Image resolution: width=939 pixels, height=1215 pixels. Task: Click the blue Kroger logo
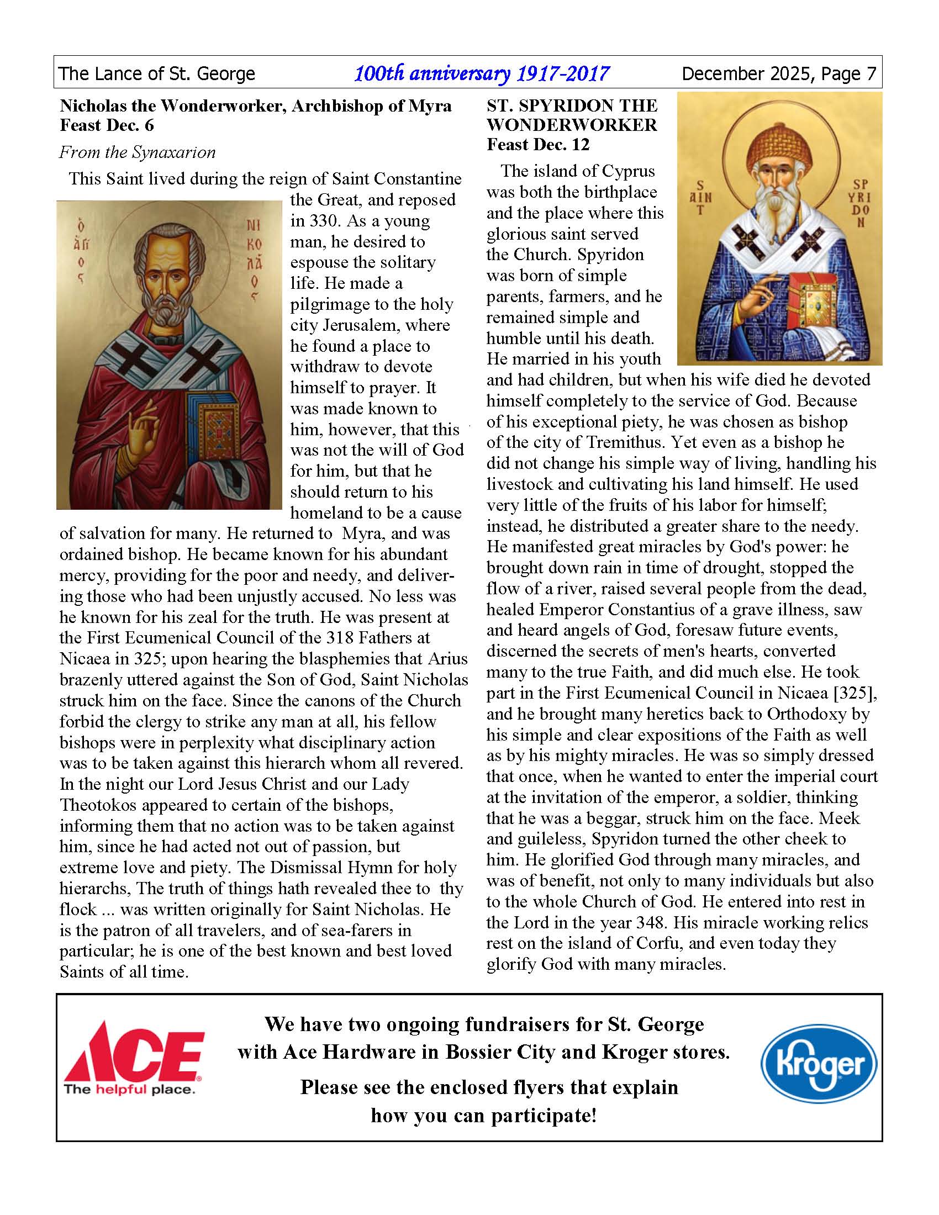pyautogui.click(x=817, y=1063)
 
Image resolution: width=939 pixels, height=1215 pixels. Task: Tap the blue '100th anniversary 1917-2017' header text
pyautogui.click(x=482, y=73)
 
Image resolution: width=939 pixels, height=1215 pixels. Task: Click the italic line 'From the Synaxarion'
pyautogui.click(x=137, y=152)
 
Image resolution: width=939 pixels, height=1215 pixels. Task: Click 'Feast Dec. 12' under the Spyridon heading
pyautogui.click(x=538, y=145)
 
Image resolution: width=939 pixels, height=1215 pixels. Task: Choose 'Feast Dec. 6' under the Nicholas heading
pyautogui.click(x=107, y=125)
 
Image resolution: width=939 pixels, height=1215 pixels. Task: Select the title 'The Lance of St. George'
pyautogui.click(x=157, y=73)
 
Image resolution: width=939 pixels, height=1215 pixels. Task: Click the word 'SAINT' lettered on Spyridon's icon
pyautogui.click(x=700, y=198)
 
